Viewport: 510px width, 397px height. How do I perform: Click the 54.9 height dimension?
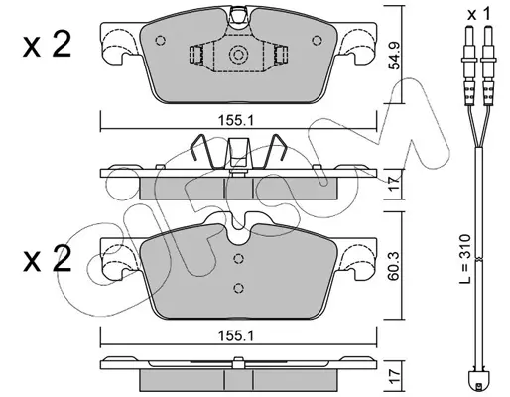394,56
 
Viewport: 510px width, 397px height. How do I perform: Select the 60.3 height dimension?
394,266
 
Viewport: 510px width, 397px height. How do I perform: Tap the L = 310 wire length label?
465,259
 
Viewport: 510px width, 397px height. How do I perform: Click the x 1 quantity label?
479,14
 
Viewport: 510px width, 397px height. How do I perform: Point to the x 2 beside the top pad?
47,45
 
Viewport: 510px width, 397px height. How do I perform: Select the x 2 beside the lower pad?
47,260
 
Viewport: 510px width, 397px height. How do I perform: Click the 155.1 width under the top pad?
235,121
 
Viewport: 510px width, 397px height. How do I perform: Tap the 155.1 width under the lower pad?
235,336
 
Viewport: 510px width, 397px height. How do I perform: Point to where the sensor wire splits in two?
477,147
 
